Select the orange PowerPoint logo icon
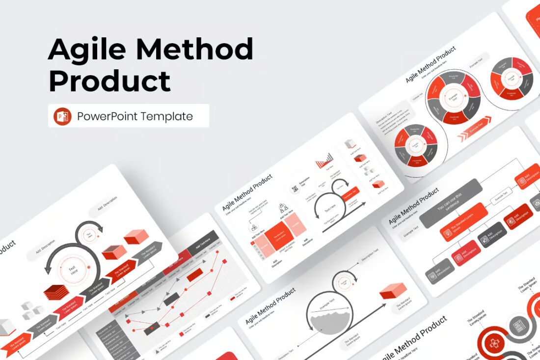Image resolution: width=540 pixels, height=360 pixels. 63,116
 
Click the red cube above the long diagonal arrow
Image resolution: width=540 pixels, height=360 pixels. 393,291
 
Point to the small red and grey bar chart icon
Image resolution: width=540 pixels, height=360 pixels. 324,160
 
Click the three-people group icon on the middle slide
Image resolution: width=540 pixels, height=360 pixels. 284,208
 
